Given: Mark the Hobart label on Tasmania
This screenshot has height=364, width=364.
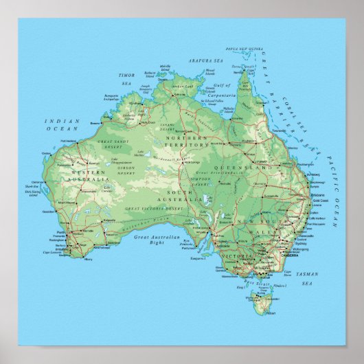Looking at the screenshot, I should tap(264, 310).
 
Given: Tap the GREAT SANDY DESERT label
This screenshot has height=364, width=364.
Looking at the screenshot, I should tap(113, 144).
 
